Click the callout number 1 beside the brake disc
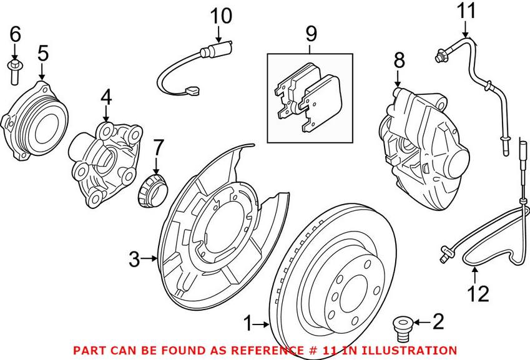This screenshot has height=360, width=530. (248, 324)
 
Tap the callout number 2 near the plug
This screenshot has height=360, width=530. (438, 322)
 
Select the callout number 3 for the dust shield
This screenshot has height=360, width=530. (135, 258)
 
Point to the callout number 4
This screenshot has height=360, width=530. (106, 97)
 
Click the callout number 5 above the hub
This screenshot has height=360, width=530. (42, 54)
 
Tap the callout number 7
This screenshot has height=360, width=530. (157, 148)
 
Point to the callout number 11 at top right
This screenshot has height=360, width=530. (466, 11)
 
